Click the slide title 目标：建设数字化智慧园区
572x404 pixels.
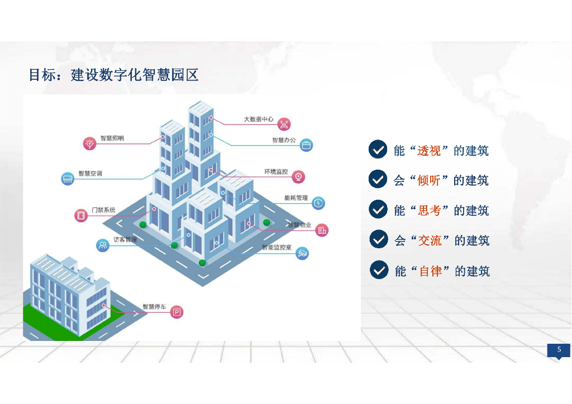[x=113, y=75]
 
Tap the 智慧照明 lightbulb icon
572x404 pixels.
[x=89, y=143]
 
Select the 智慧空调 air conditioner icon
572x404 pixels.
[x=68, y=179]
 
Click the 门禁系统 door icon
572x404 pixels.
[x=82, y=215]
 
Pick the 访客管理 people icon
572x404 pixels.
[x=103, y=245]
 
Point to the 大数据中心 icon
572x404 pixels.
[x=284, y=124]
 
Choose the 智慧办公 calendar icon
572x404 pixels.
[x=306, y=145]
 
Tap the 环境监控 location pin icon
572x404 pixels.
[x=299, y=176]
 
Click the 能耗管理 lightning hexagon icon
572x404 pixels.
[x=318, y=203]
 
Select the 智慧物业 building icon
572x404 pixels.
[x=322, y=229]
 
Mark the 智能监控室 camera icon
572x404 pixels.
[x=302, y=253]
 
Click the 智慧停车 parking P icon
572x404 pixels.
[x=177, y=312]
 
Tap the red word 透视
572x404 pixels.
[x=429, y=150]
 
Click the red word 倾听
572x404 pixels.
[x=429, y=180]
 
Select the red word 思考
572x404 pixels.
[x=430, y=210]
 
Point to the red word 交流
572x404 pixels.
[x=430, y=241]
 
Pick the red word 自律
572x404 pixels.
[x=430, y=271]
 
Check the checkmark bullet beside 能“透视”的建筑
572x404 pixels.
[x=378, y=149]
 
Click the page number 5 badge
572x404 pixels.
[x=559, y=350]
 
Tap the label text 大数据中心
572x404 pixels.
[x=259, y=119]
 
